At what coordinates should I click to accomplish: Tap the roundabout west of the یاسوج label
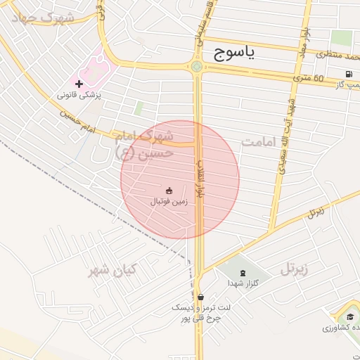coord(196,67)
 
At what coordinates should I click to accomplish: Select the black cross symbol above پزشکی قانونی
coord(79,84)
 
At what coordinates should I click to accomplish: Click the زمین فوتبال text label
coord(169,201)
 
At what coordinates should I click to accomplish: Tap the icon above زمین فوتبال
coord(169,191)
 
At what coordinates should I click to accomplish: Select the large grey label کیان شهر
coord(114,270)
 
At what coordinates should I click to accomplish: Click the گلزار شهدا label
coord(243,283)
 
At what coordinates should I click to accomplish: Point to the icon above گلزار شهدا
coord(243,272)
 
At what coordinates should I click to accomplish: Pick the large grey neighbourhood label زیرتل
coord(296,269)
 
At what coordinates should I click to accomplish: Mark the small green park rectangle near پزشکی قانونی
coord(139,108)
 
